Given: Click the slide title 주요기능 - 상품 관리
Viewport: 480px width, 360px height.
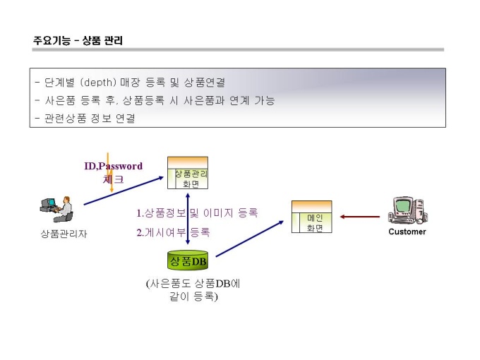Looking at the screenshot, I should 78,40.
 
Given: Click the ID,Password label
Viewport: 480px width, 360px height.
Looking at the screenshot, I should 113,167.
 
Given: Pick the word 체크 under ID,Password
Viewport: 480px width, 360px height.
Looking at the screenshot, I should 113,179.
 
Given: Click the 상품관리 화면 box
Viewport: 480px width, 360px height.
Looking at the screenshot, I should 187,174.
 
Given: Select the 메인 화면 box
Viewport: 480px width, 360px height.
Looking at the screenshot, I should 311,217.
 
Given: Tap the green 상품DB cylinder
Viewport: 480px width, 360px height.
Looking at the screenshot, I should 188,262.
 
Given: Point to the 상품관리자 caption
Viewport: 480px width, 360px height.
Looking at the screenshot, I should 64,234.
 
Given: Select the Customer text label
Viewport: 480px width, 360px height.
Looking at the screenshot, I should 407,232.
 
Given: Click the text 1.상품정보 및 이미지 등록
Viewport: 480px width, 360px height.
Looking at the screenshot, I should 197,212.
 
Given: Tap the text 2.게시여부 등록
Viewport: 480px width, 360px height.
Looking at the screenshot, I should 173,232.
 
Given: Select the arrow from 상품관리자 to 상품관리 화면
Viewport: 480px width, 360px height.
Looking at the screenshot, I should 124,191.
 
